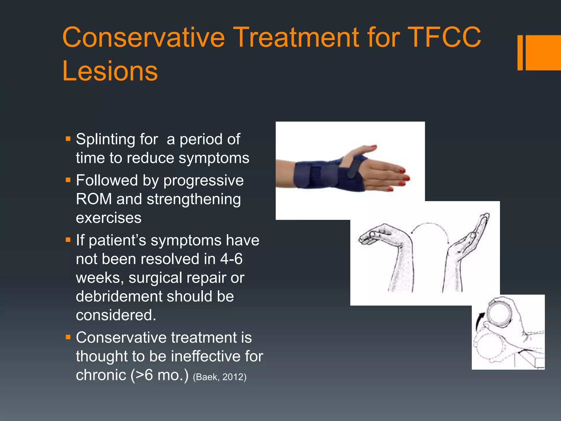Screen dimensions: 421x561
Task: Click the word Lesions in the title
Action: pos(110,71)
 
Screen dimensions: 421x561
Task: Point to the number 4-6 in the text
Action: pos(231,259)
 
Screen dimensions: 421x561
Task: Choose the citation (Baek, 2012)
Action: pos(220,377)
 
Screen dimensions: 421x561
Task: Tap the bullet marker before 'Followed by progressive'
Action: pos(68,180)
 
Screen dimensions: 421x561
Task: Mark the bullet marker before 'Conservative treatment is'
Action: pos(68,337)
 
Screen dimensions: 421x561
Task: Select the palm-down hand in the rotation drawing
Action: pos(389,247)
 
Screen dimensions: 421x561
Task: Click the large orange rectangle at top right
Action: pos(543,53)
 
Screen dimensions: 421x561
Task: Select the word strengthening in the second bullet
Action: pos(194,199)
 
